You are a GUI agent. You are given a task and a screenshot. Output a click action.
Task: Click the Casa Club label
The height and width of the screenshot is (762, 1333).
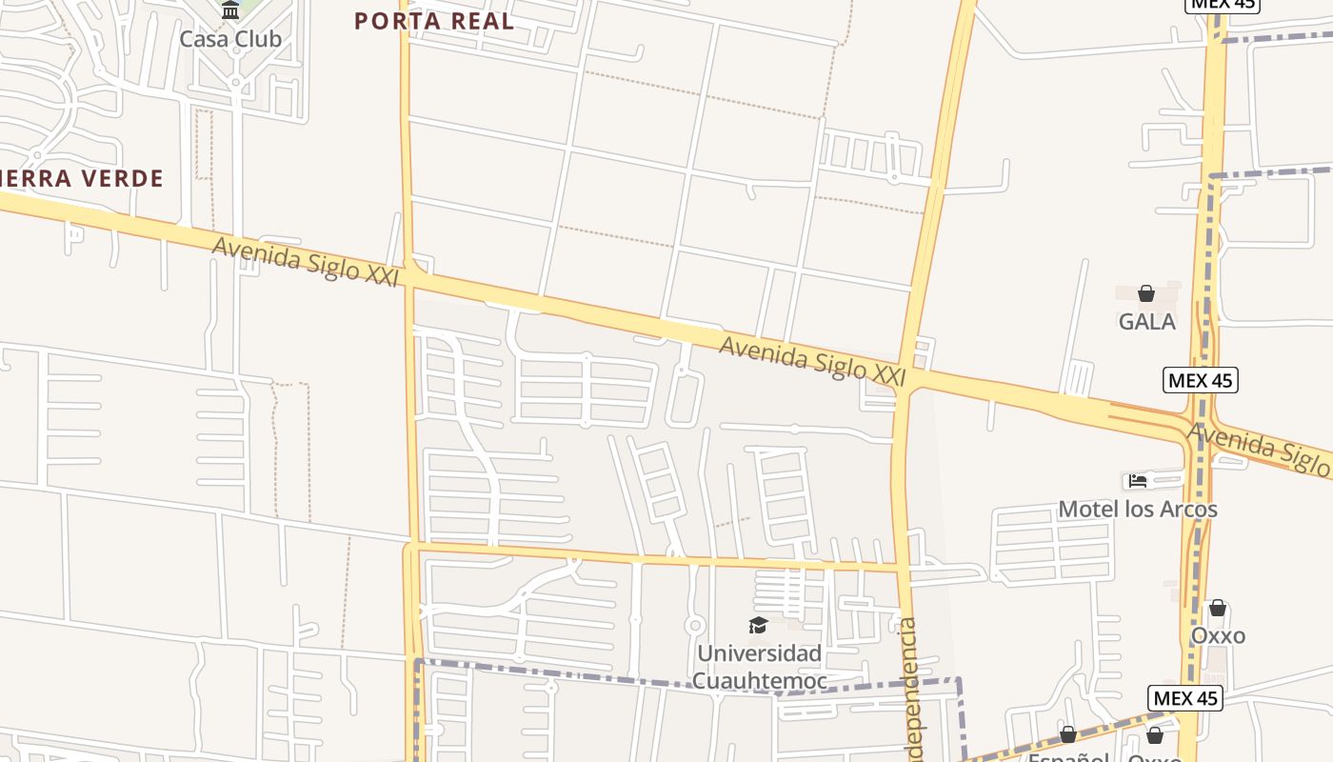point(230,39)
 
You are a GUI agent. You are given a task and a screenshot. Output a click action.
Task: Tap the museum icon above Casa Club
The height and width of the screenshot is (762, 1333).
point(230,10)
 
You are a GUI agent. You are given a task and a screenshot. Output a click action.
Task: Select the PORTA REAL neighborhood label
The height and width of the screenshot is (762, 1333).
point(434,21)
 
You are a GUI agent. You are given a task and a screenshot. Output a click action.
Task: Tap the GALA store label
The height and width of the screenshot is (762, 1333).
point(1146,322)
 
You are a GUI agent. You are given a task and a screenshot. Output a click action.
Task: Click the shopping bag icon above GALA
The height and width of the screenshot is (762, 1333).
point(1146,293)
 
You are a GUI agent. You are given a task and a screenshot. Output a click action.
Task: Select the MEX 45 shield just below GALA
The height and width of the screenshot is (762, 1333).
point(1201,381)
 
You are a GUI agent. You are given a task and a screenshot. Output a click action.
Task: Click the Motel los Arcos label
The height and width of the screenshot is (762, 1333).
point(1138,510)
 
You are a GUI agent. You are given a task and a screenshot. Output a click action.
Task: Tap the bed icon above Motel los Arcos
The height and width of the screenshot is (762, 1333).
point(1137,481)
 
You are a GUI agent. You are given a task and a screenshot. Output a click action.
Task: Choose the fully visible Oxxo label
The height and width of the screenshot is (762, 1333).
point(1218,635)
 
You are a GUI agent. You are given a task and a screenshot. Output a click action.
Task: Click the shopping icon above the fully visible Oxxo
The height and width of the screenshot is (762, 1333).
point(1218,608)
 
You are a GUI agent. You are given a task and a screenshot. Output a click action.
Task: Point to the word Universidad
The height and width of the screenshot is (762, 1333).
point(759,653)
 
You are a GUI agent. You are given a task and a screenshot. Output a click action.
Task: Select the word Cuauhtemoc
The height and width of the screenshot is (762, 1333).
point(759,680)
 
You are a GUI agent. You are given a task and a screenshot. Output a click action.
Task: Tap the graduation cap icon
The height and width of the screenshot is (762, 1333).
point(758,625)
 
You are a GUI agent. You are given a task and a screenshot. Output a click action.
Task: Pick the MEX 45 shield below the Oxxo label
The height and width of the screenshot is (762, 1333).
point(1184,698)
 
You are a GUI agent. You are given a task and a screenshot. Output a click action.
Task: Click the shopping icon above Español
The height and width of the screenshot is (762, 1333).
point(1068,734)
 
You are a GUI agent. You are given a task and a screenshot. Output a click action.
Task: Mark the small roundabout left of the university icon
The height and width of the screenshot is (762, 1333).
point(695,626)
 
